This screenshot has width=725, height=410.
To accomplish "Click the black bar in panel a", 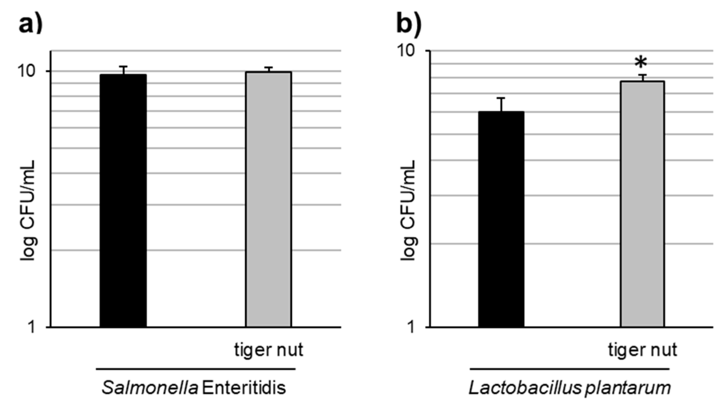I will pyautogui.click(x=123, y=200).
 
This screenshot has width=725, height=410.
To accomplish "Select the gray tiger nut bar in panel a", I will pyautogui.click(x=268, y=199).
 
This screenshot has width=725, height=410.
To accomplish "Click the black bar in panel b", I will pyautogui.click(x=501, y=219).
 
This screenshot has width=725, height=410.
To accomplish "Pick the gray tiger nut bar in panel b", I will pyautogui.click(x=642, y=204).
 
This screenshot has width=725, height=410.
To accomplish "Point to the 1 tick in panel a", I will pyautogui.click(x=32, y=327).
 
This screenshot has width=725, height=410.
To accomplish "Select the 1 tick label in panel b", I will pyautogui.click(x=411, y=327).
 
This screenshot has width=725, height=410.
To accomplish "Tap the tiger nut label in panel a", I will pyautogui.click(x=269, y=350).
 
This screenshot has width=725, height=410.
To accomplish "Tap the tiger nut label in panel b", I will pyautogui.click(x=643, y=350).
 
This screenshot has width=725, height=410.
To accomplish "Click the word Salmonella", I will pyautogui.click(x=150, y=388).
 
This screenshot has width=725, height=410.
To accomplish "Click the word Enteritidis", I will pyautogui.click(x=244, y=388).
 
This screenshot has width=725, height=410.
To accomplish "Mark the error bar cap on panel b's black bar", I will pyautogui.click(x=501, y=98).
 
